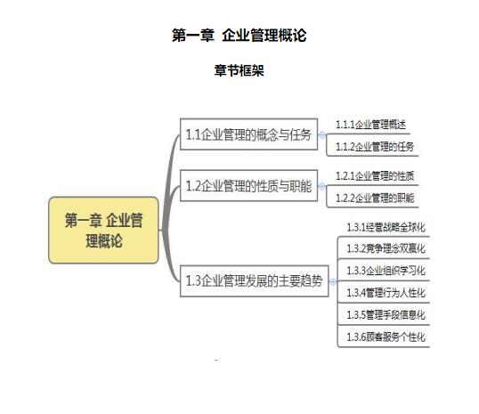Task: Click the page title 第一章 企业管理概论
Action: tap(239, 35)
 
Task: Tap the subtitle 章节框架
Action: tap(239, 70)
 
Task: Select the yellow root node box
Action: tap(103, 230)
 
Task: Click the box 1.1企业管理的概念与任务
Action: tap(248, 134)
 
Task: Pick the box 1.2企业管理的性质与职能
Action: tap(248, 185)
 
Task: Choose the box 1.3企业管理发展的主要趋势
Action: tap(254, 280)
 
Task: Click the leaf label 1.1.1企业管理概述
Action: tap(371, 125)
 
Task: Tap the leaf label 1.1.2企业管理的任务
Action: tap(375, 147)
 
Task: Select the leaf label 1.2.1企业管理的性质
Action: tap(375, 176)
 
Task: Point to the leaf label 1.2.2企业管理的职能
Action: tap(375, 198)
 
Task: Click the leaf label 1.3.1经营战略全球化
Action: tap(386, 227)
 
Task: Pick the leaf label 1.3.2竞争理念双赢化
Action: tap(386, 248)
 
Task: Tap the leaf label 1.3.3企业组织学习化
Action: tap(386, 271)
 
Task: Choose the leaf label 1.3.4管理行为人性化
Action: tap(386, 293)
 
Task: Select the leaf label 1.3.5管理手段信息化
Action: tap(386, 314)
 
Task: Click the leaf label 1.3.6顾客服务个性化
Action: tap(386, 337)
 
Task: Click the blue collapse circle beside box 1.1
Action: tap(321, 134)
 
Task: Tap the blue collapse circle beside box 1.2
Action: tap(321, 186)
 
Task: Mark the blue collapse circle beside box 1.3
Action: tap(333, 281)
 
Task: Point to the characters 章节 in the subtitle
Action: tap(226, 70)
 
